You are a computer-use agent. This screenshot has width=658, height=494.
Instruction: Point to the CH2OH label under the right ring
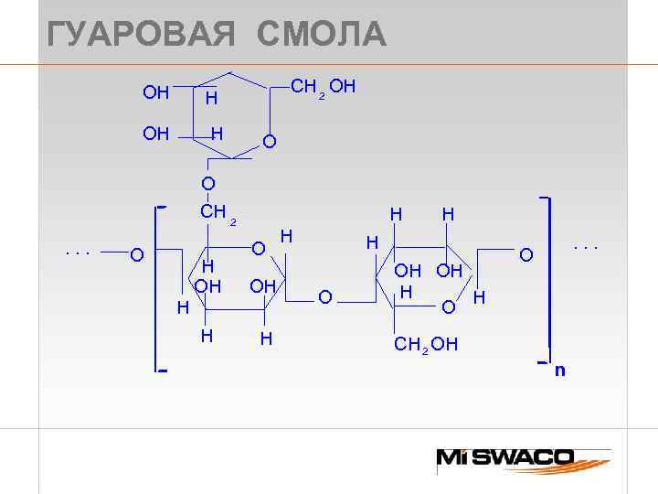click(x=426, y=345)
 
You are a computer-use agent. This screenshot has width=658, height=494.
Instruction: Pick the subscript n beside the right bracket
click(x=559, y=370)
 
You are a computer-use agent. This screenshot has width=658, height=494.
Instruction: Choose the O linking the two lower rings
click(x=324, y=296)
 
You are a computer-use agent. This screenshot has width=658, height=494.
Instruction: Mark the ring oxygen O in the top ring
click(x=269, y=142)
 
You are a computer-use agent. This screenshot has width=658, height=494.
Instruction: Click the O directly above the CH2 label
click(x=208, y=185)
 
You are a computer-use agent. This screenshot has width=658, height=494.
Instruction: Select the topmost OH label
click(x=156, y=92)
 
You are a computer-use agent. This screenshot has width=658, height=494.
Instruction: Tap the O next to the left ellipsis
click(x=136, y=253)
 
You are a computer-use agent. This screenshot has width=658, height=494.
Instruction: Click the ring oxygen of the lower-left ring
click(x=259, y=248)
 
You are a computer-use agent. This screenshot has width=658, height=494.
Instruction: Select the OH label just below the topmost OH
click(x=156, y=134)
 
